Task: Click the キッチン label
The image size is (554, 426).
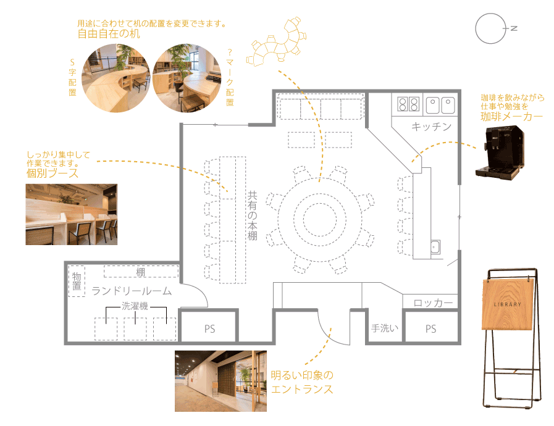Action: (x=431, y=127)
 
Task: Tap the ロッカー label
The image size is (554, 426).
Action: (x=433, y=303)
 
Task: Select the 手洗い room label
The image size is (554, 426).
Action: (x=385, y=328)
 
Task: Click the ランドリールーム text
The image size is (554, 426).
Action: (x=132, y=291)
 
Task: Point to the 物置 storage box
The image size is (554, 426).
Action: (x=77, y=281)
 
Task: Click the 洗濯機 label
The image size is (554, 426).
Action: (x=135, y=306)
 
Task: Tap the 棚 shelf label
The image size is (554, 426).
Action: (x=141, y=272)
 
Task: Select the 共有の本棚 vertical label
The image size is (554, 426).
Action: (x=252, y=216)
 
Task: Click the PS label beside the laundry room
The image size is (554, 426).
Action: (x=209, y=329)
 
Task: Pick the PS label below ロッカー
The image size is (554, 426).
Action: (x=430, y=329)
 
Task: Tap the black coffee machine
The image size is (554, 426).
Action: (x=500, y=153)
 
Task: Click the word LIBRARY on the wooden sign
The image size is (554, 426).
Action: (x=507, y=304)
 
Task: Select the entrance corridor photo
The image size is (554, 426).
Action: (x=221, y=381)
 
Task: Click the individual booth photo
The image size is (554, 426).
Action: (x=72, y=214)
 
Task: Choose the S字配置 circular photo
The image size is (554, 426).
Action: (x=116, y=78)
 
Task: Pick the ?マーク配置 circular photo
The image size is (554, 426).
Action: (x=187, y=78)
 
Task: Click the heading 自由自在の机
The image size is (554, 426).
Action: (x=109, y=34)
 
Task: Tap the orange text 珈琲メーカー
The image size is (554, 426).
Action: (x=511, y=117)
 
